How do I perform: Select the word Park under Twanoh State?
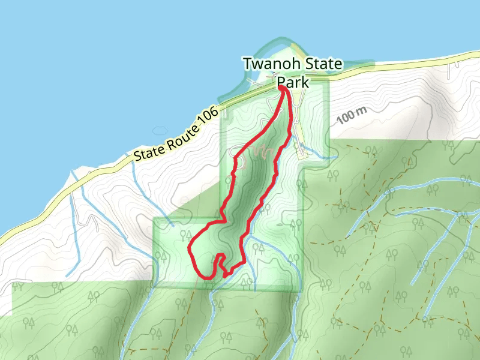[292, 82]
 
